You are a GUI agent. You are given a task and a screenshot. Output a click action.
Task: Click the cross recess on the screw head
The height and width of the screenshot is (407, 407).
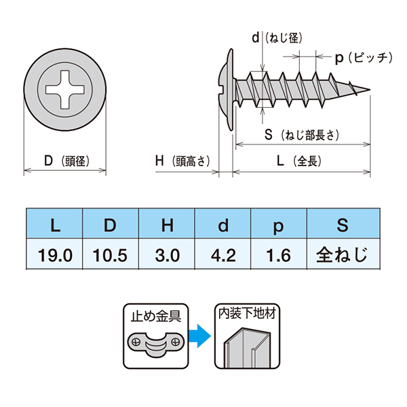click(65, 90)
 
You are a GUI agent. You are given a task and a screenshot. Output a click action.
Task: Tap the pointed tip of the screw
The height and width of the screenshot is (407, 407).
click(370, 90)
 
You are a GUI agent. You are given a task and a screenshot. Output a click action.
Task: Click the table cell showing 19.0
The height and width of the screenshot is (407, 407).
click(55, 255)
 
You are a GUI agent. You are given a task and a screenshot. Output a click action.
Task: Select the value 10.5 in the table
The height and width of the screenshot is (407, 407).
click(111, 255)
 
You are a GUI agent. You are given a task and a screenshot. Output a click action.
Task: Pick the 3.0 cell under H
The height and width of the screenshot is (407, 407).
click(168, 255)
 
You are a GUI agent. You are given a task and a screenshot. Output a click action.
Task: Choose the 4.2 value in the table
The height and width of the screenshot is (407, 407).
click(223, 255)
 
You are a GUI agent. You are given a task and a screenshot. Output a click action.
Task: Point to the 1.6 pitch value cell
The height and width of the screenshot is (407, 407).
click(279, 255)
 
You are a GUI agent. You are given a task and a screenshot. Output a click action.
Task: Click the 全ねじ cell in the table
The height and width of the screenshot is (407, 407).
click(342, 254)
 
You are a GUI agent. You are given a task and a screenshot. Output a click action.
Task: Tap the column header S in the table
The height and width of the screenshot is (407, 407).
click(343, 225)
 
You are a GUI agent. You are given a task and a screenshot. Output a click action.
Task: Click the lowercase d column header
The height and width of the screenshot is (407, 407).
click(223, 225)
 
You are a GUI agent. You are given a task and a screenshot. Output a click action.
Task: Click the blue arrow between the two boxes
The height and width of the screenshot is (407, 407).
click(199, 336)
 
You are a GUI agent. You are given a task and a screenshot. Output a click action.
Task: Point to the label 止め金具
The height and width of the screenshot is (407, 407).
click(155, 316)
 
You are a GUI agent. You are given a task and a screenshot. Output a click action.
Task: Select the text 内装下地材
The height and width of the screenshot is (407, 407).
click(247, 313)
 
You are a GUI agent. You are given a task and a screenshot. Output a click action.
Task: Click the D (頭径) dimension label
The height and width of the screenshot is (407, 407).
click(66, 161)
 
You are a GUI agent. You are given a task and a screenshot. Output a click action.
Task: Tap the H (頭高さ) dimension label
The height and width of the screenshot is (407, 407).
click(182, 161)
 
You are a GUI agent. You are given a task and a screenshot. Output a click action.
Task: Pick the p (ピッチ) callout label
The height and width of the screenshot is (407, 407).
click(364, 58)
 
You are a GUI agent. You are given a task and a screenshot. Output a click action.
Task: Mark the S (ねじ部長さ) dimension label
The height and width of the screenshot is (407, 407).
click(302, 135)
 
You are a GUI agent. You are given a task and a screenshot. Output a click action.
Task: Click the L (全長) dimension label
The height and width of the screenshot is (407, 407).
click(298, 161)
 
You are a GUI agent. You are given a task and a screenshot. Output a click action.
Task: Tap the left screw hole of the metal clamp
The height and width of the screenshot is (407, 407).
click(136, 342)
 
